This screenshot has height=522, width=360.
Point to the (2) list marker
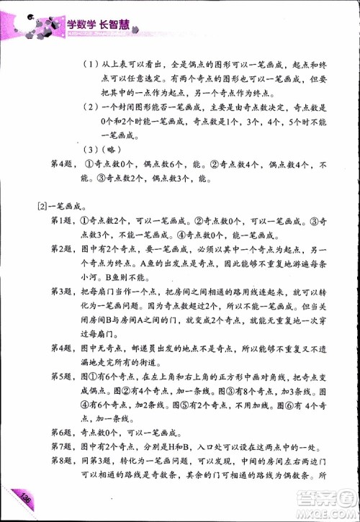click(89, 107)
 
